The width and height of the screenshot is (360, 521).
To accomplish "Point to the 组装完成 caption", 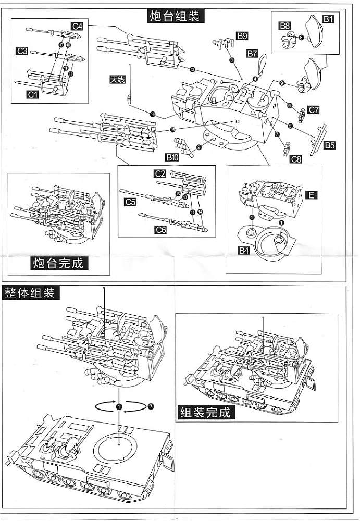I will pyautogui.click(x=204, y=413).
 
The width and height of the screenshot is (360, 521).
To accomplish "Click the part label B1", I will pyautogui.click(x=328, y=19).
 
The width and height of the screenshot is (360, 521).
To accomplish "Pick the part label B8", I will pyautogui.click(x=284, y=26).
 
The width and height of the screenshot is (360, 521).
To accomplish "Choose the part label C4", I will pyautogui.click(x=78, y=26).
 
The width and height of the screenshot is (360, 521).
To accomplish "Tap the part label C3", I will pyautogui.click(x=22, y=51).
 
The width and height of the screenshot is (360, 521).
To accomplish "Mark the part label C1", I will pyautogui.click(x=33, y=94).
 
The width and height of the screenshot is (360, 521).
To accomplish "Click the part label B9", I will pyautogui.click(x=242, y=36).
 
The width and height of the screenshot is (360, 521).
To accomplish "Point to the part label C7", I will pyautogui.click(x=313, y=110).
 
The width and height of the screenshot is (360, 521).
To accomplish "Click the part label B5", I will pyautogui.click(x=329, y=145).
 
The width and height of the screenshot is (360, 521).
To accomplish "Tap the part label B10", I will pyautogui.click(x=172, y=157).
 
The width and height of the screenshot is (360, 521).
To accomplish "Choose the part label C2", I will pyautogui.click(x=160, y=174).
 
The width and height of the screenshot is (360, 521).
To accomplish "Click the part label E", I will pyautogui.click(x=311, y=195).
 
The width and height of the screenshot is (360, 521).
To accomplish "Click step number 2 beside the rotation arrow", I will pyautogui.click(x=151, y=406).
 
